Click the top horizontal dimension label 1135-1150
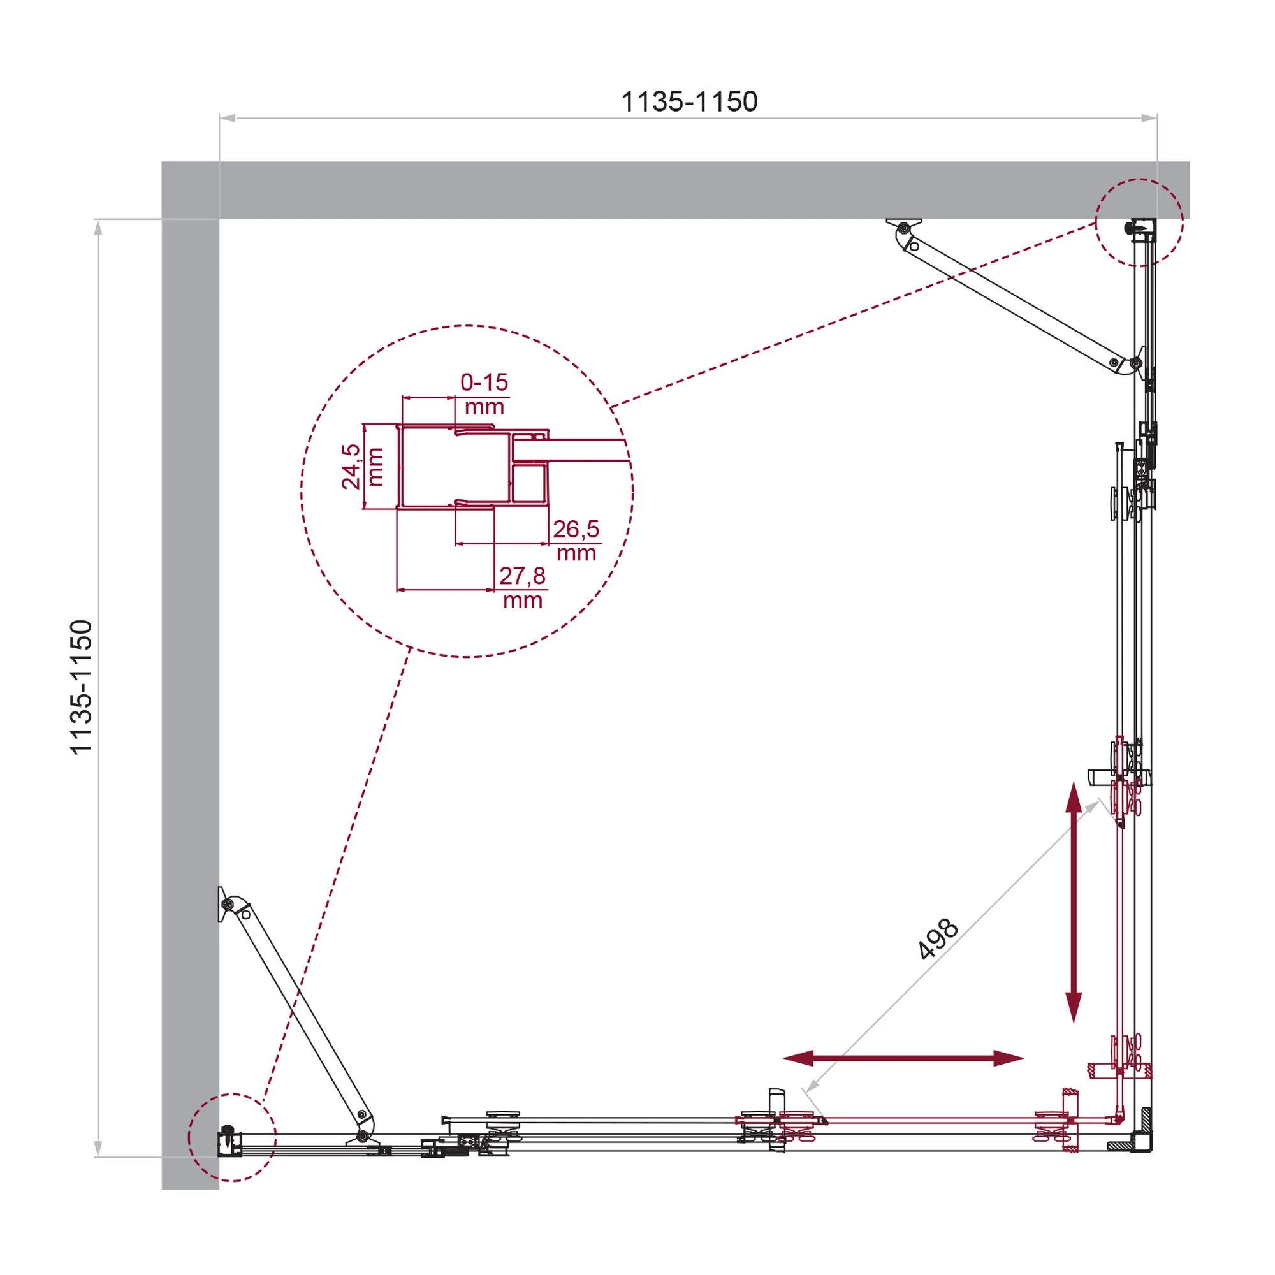(689, 101)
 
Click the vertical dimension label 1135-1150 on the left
(82, 687)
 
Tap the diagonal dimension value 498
(938, 938)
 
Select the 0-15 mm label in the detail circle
(484, 393)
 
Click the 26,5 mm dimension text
(576, 539)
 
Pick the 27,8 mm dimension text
(522, 586)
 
